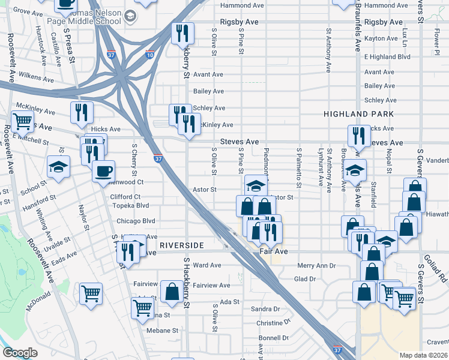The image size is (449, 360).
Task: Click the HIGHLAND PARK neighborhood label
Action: pos(358,113)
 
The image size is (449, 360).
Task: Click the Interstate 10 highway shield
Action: pos(150,55)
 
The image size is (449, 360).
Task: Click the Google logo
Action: pos(20,353)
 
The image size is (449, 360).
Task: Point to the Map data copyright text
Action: pos(424,355)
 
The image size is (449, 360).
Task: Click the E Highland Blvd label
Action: pos(387,56)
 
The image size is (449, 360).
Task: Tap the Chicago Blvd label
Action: pos(132,221)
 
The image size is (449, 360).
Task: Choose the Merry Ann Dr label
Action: pos(316,265)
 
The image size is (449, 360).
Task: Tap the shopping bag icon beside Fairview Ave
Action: pos(172,292)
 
